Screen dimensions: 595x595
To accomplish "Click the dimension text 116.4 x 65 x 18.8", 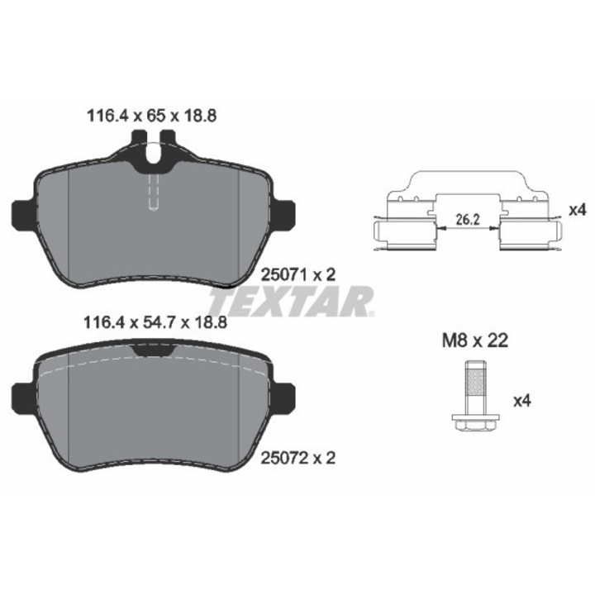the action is [x=152, y=116].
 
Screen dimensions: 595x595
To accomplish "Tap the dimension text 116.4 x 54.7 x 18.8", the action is [x=155, y=322].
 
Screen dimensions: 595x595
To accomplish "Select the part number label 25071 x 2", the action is [x=298, y=274].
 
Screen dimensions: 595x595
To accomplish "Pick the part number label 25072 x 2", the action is [x=298, y=459].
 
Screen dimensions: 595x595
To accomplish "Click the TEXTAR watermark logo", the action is [x=292, y=302].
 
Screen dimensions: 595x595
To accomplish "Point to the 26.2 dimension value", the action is [x=468, y=219].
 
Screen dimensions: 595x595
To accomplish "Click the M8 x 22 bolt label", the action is [x=474, y=340].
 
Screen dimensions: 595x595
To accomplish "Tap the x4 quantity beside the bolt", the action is [x=521, y=401].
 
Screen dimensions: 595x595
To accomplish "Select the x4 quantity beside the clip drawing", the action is [x=578, y=210].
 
